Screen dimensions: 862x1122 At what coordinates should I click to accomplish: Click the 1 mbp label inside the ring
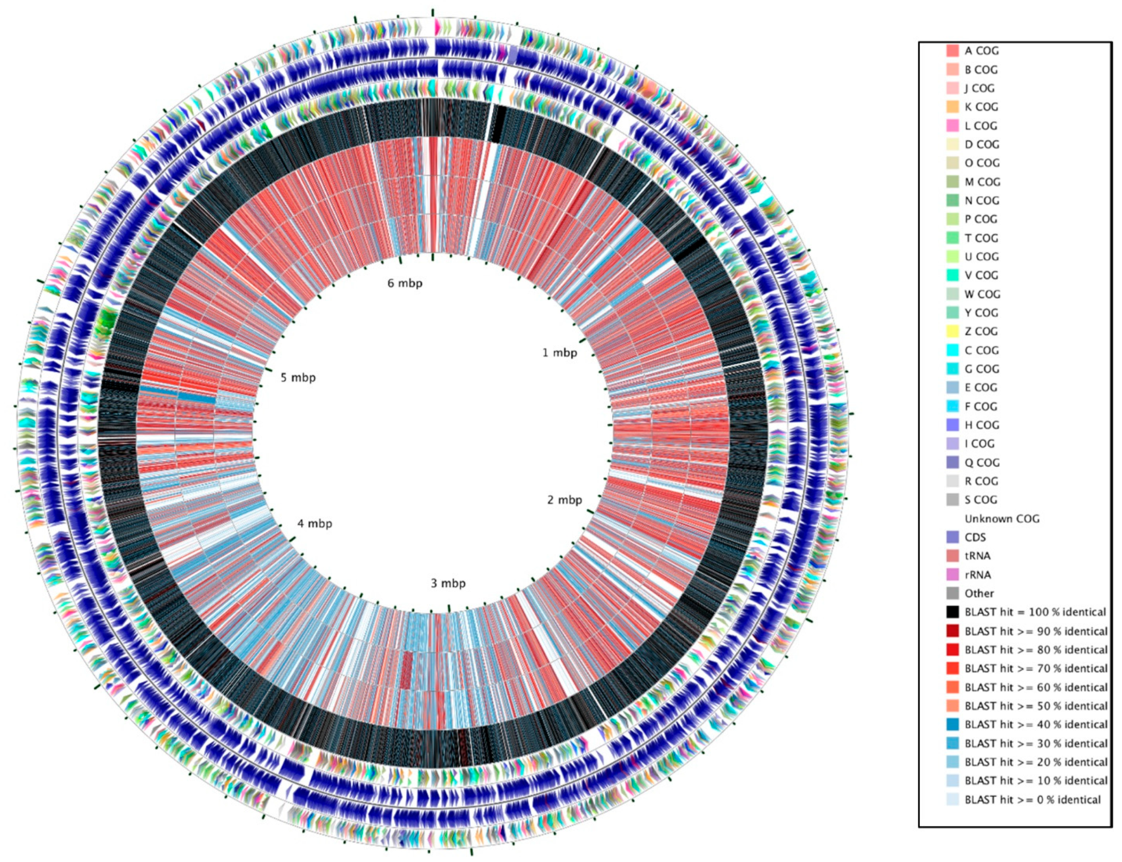point(559,353)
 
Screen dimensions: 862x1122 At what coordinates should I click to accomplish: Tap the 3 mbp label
point(448,583)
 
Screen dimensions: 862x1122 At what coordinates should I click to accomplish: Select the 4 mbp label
point(314,524)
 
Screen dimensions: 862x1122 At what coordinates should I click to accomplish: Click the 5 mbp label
point(298,378)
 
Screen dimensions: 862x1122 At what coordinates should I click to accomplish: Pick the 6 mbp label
point(405,283)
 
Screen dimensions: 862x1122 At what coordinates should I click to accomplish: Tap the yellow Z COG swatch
point(953,332)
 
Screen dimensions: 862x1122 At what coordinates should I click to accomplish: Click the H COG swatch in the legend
point(953,425)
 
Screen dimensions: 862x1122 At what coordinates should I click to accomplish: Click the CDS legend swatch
point(953,537)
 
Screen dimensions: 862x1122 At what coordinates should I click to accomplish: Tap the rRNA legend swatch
point(953,575)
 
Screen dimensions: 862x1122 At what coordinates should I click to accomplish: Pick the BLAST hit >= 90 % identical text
point(1036,631)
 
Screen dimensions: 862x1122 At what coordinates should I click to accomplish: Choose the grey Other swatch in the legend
point(953,593)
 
